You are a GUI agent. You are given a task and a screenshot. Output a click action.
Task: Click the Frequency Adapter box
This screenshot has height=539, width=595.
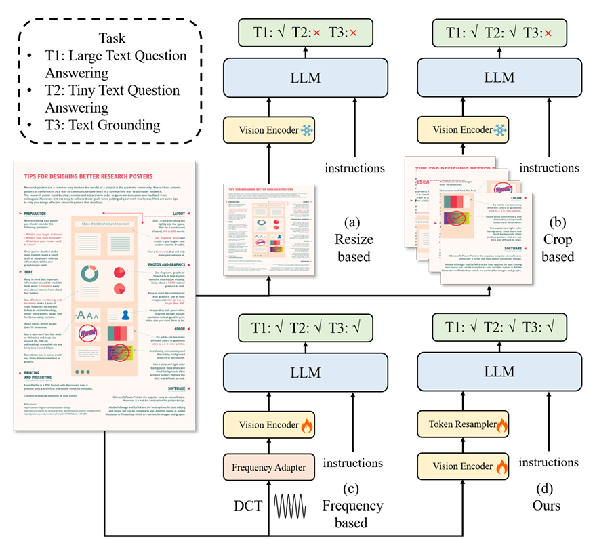pos(270,466)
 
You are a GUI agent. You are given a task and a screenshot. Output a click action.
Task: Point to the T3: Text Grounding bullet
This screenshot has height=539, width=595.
pos(95,124)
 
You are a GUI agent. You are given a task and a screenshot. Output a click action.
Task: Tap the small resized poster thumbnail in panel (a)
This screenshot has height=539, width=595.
pos(270,229)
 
